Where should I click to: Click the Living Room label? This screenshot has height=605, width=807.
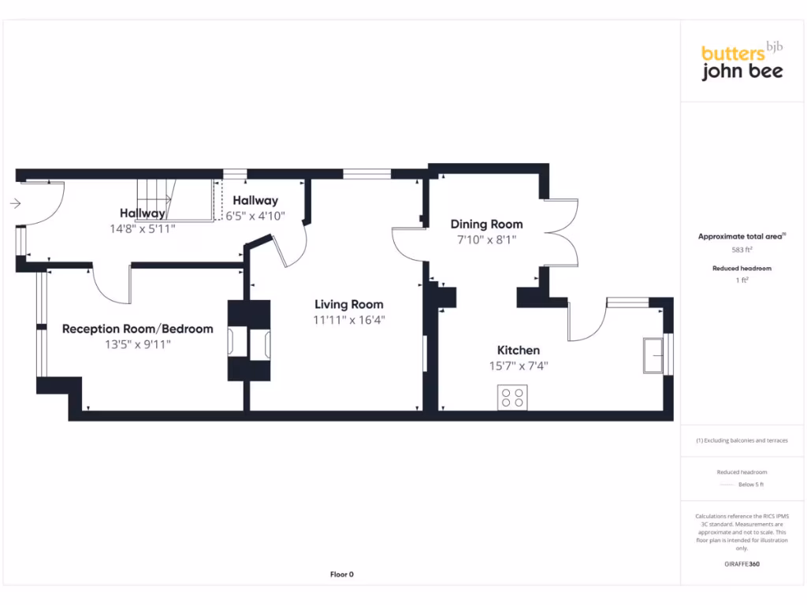point(349,304)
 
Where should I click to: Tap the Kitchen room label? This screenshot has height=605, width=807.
point(518,350)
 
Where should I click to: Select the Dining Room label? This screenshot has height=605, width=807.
point(486,225)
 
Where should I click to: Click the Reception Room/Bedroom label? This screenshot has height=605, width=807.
point(137,328)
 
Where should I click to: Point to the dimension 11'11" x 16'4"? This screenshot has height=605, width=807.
point(349,320)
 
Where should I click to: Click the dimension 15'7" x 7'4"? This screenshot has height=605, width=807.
point(518,366)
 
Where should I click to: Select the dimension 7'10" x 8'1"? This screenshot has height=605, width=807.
point(486,239)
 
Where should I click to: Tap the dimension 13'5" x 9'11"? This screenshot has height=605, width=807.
point(137,344)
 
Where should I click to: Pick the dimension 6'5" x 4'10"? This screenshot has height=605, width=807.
point(255,215)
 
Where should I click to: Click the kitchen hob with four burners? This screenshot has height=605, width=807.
point(512,398)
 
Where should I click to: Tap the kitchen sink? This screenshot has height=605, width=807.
point(653,354)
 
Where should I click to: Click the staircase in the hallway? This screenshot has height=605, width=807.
point(176,199)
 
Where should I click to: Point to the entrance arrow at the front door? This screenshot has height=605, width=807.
point(15,203)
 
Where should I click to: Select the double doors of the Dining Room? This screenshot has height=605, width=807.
point(562,232)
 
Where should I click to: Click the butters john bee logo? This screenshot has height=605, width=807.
point(742,62)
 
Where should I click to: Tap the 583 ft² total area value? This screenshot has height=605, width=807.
point(742,250)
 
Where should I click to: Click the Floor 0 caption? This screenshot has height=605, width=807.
point(341,574)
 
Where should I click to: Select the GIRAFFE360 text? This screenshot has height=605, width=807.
point(742,564)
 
